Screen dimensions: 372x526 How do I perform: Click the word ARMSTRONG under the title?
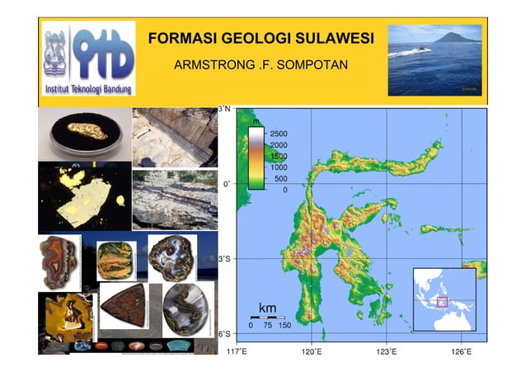click(209, 64)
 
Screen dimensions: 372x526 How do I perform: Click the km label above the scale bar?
click(268, 308)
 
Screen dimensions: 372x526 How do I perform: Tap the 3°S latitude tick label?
click(224, 259)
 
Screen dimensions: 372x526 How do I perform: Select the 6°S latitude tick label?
click(224, 335)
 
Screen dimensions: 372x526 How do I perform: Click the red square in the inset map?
click(442, 302)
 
